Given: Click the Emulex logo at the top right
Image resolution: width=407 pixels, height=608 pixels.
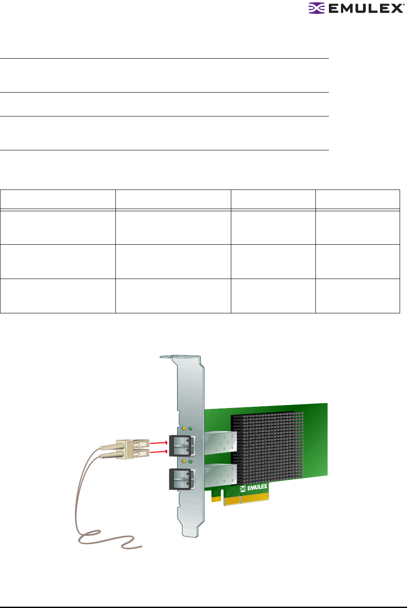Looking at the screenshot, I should (x=356, y=8).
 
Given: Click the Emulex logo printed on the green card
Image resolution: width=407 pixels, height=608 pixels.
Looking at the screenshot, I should (x=254, y=488).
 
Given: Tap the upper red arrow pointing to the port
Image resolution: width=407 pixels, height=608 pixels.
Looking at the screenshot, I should (x=159, y=443).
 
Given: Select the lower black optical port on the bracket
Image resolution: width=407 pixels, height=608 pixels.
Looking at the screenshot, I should (x=181, y=479).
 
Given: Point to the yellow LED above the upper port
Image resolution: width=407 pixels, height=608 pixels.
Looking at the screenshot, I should (x=184, y=429).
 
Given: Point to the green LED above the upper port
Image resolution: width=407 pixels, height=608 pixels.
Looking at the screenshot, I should (x=190, y=429).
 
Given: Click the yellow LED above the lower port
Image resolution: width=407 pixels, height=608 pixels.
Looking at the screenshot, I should (x=184, y=461).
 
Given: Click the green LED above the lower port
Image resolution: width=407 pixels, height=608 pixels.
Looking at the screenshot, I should (x=190, y=461).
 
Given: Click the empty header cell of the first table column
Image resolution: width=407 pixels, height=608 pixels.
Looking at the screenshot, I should (x=58, y=200).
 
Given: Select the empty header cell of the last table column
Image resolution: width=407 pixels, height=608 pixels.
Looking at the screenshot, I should (x=358, y=200).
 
